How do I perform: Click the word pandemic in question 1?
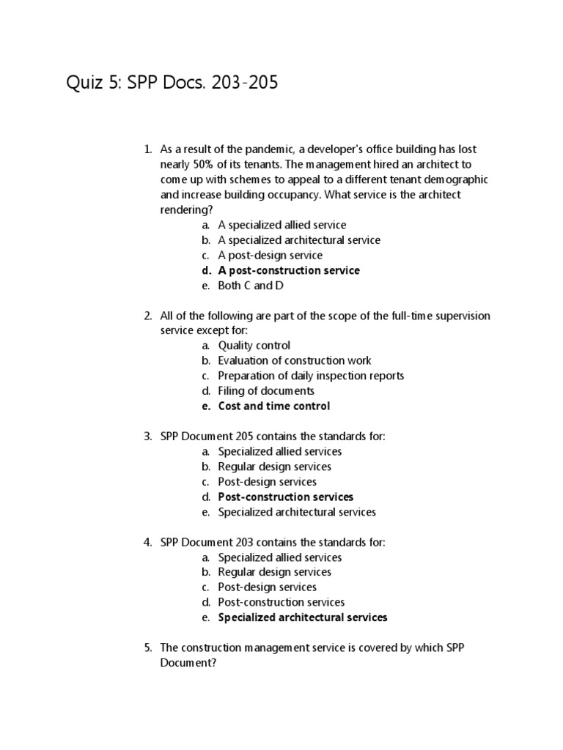click(x=282, y=149)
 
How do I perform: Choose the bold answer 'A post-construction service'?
click(x=289, y=270)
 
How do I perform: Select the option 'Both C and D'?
click(x=251, y=286)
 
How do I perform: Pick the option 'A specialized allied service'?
click(x=282, y=225)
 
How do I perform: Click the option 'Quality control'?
click(x=254, y=345)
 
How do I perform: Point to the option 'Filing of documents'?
click(x=266, y=390)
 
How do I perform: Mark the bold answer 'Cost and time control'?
click(x=274, y=406)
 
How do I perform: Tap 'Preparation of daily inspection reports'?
click(x=311, y=376)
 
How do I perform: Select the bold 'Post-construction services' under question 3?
click(x=286, y=497)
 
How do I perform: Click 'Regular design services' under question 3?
click(x=274, y=467)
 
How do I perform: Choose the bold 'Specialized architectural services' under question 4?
click(x=303, y=617)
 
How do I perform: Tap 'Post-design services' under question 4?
click(x=267, y=587)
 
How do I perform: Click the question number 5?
click(x=147, y=647)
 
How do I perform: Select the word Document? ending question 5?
click(x=189, y=662)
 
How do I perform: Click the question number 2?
click(x=147, y=316)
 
